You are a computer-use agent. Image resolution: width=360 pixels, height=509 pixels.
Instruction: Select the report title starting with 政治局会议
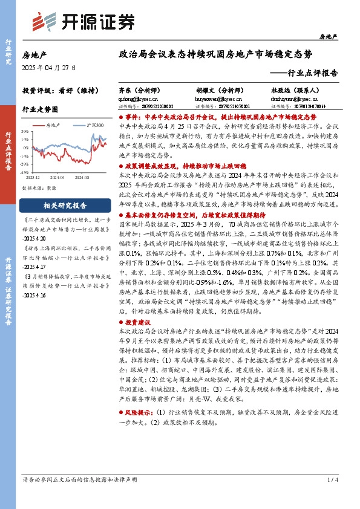click(216, 54)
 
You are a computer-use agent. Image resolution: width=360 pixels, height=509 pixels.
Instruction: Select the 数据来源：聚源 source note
click(40, 188)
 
